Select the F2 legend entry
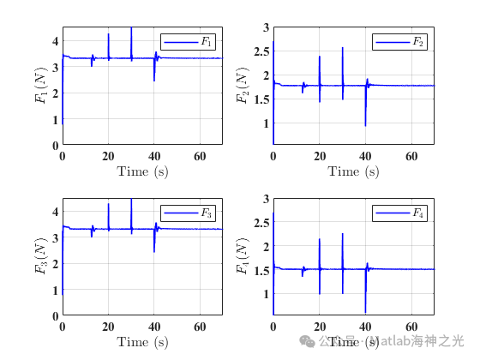pyautogui.click(x=400, y=41)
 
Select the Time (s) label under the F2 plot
pyautogui.click(x=353, y=171)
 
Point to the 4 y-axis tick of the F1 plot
pyautogui.click(x=55, y=40)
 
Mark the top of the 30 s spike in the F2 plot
pyautogui.click(x=342, y=47)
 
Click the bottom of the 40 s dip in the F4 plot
pyautogui.click(x=365, y=313)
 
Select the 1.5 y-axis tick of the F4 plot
pyautogui.click(x=262, y=269)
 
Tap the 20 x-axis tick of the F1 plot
pyautogui.click(x=108, y=156)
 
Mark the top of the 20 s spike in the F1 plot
pyautogui.click(x=108, y=34)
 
